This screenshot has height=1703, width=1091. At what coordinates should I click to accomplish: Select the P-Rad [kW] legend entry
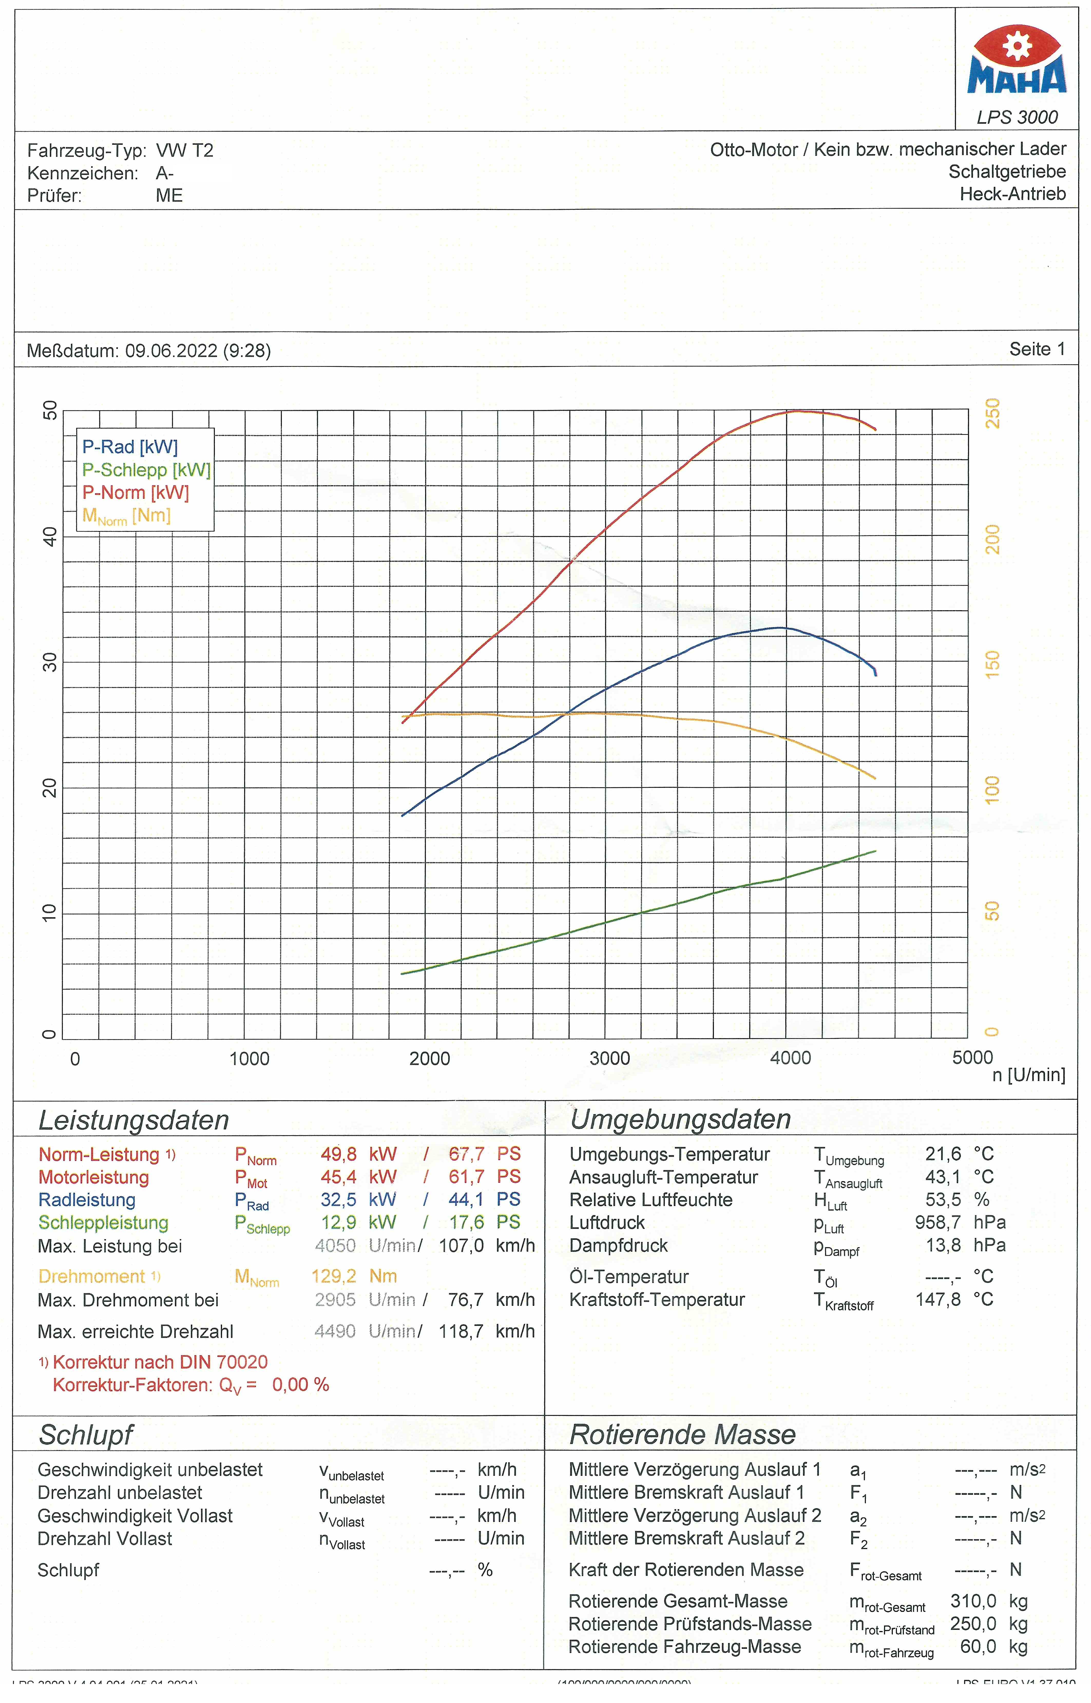tap(130, 447)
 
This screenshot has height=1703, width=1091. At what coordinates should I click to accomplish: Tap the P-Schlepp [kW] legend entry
tap(146, 470)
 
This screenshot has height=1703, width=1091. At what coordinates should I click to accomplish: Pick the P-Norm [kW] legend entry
tap(135, 492)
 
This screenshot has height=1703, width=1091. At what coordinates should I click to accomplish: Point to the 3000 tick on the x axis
tap(609, 1058)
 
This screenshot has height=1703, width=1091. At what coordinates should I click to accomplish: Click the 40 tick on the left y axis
tap(50, 536)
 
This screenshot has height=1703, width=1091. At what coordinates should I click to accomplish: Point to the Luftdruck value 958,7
tap(937, 1223)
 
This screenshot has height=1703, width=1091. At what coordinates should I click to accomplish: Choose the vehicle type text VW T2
tap(184, 151)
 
